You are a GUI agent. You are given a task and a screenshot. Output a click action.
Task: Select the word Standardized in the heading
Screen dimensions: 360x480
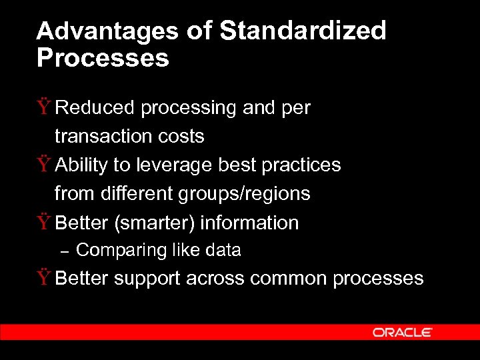pos(303,31)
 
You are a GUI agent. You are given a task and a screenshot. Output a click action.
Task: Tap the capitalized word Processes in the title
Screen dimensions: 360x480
pos(103,59)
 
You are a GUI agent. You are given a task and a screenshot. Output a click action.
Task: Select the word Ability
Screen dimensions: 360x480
pos(79,165)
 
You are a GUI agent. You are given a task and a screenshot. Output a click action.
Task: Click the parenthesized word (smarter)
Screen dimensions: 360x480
pos(155,222)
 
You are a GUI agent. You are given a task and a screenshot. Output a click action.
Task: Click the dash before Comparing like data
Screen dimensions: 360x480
pos(64,251)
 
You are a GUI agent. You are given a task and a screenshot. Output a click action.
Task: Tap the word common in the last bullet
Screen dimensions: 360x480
pos(289,279)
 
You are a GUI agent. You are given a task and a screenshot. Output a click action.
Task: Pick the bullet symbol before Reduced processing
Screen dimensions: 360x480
pos(44,107)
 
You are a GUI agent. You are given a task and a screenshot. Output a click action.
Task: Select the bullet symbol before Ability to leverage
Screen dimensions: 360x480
pos(44,164)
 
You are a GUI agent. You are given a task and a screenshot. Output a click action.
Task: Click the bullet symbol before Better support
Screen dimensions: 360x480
pos(44,278)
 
